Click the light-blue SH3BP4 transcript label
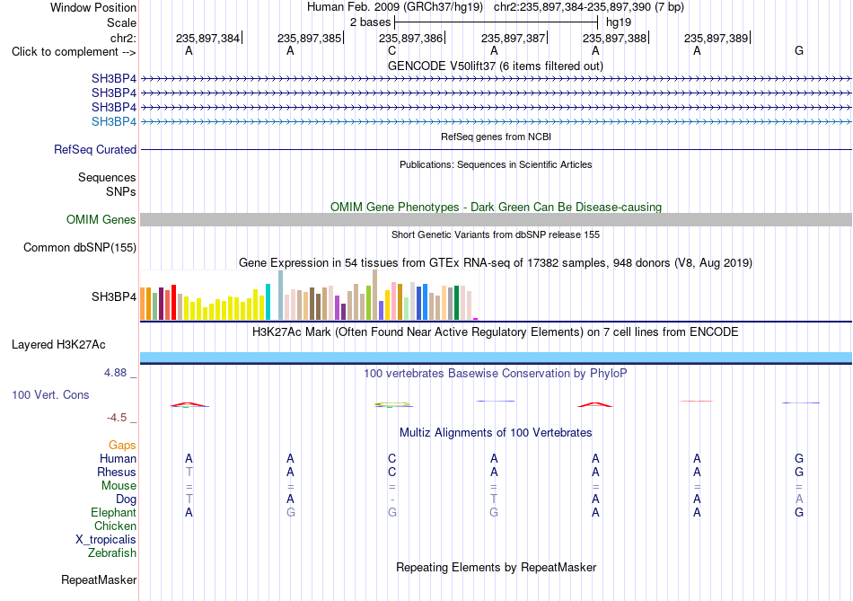(x=114, y=121)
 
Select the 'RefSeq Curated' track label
(x=95, y=149)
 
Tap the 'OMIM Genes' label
(x=101, y=219)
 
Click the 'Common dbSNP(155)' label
(x=80, y=247)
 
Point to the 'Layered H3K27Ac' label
(x=58, y=345)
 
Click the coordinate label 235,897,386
(x=410, y=38)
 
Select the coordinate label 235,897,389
(x=716, y=38)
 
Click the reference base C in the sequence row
(x=391, y=50)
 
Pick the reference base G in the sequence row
(x=798, y=50)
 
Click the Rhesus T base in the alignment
(x=189, y=472)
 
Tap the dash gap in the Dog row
(x=392, y=499)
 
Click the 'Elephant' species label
(x=114, y=512)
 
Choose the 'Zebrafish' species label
(x=112, y=552)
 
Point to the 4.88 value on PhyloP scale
(x=115, y=372)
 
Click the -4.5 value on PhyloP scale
(x=117, y=418)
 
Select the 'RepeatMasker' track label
(x=99, y=579)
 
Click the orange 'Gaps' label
(x=122, y=445)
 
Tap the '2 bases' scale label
(x=371, y=22)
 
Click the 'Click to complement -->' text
(x=74, y=52)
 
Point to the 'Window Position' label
(x=93, y=7)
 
